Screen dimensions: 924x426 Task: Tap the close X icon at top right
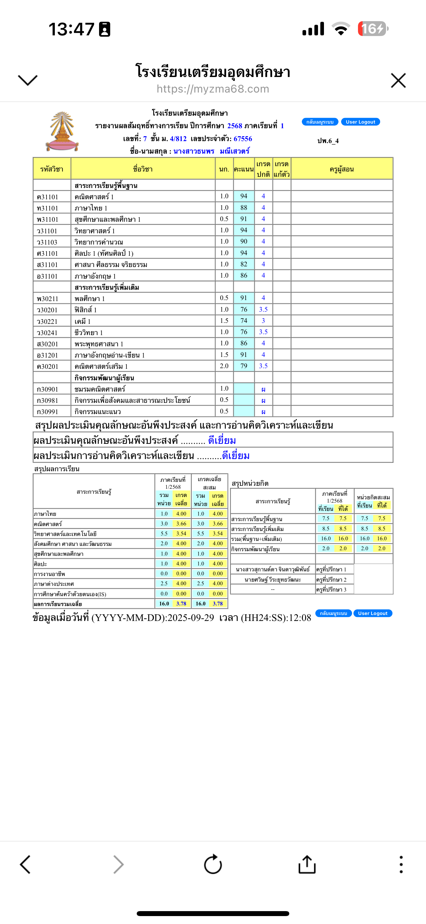coord(398,80)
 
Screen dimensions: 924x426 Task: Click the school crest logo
coord(62,131)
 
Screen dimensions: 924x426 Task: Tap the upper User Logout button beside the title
coord(360,122)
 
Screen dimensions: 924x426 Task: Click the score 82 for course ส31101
coord(244,264)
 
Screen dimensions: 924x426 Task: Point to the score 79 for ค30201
coord(244,366)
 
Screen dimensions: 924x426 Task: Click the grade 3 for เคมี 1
coord(263,321)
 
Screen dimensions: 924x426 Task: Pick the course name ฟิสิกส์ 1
coord(86,310)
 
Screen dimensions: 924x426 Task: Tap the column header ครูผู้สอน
coord(341,169)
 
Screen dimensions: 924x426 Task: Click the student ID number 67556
coord(243,139)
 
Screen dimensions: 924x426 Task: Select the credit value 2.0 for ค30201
coord(224,366)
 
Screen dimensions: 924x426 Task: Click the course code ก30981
coord(47,401)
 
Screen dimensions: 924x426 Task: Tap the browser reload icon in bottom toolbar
coord(213,865)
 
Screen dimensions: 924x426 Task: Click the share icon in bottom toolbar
coord(307,865)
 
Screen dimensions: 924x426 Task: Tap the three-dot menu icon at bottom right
coord(401,865)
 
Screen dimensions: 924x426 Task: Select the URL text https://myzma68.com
coord(213,89)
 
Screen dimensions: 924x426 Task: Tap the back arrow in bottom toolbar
coord(25,865)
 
